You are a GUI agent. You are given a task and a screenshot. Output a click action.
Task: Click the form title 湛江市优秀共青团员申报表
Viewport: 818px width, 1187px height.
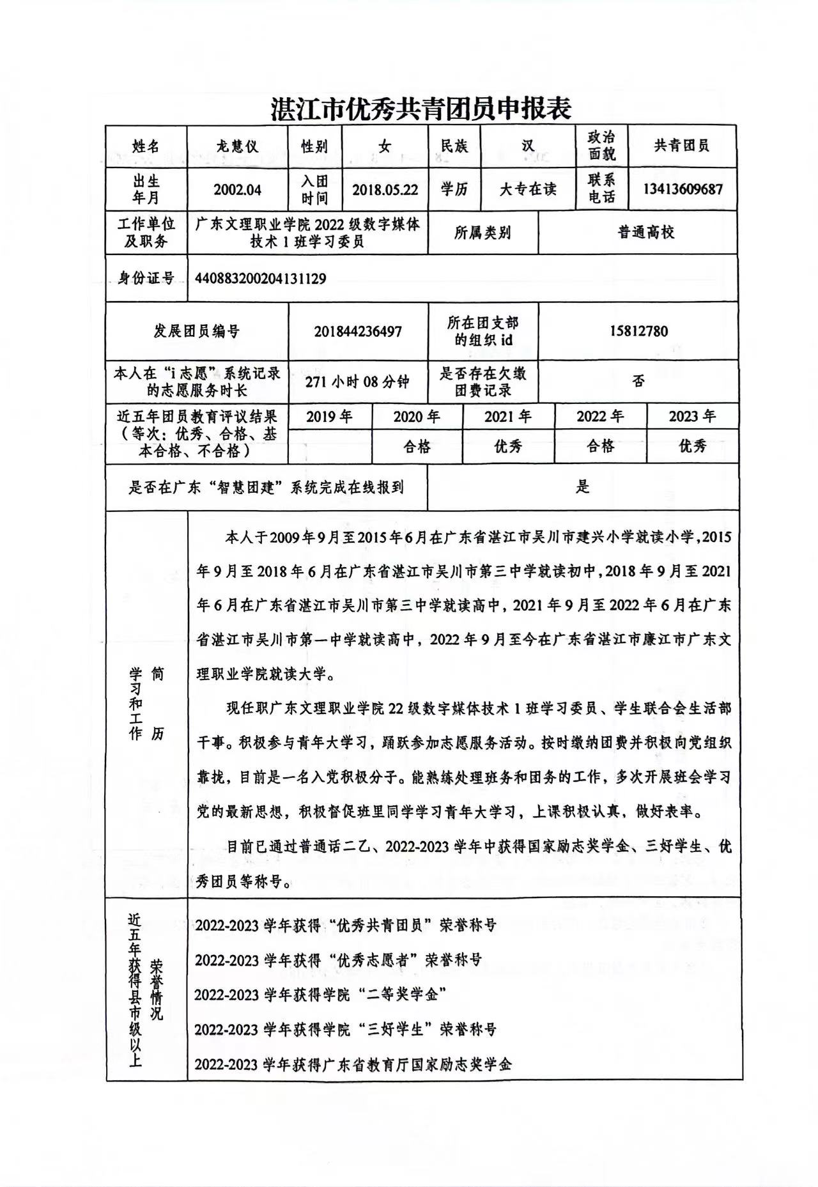coord(420,109)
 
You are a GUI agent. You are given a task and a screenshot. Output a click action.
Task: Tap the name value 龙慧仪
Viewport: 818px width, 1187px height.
coord(237,146)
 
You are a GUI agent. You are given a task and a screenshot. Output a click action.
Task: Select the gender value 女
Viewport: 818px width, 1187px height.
coord(384,146)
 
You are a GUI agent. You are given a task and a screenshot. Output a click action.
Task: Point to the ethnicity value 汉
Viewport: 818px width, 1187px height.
coord(528,146)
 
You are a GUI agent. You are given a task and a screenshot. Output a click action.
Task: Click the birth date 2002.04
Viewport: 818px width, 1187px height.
coord(237,190)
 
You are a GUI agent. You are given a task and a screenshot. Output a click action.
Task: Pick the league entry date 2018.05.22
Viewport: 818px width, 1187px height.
coord(385,190)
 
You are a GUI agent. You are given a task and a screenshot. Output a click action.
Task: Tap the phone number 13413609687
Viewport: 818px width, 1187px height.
coord(683,190)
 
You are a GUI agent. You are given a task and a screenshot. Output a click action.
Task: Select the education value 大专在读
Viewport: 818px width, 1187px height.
coord(528,190)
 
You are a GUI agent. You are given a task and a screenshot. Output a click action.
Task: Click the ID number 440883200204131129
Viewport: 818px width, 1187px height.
coord(261,279)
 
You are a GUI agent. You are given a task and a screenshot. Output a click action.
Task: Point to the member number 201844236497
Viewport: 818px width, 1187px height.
coord(357,331)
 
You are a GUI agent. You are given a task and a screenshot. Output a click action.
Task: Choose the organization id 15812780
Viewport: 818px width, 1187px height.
coord(638,331)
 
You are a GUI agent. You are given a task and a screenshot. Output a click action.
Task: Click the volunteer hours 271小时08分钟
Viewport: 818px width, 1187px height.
coord(357,382)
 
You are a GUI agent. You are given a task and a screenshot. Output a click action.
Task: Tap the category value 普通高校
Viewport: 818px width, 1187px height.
coord(645,232)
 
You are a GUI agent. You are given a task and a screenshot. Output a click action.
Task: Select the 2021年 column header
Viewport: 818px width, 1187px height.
coord(507,417)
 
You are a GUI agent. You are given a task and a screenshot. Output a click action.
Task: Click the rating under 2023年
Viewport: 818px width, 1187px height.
coord(692,446)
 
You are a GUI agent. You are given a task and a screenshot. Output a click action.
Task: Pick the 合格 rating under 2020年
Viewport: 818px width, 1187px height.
coord(417,446)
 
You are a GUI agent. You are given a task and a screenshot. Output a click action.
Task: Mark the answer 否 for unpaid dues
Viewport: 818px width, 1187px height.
coord(638,382)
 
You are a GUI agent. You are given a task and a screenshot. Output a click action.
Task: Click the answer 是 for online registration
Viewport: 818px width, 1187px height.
coord(582,487)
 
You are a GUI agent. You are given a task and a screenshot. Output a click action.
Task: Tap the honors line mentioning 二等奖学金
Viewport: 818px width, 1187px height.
coord(320,995)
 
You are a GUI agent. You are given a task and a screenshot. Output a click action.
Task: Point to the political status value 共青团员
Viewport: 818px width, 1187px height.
coord(682,146)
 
